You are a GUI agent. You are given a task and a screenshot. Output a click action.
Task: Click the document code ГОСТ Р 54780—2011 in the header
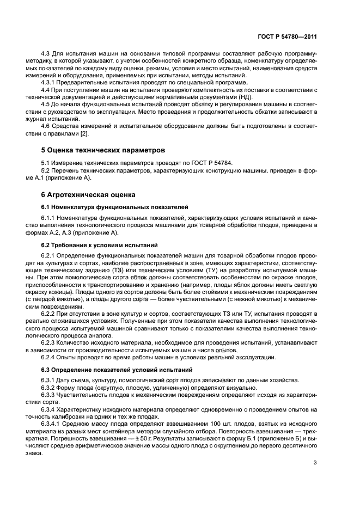288,37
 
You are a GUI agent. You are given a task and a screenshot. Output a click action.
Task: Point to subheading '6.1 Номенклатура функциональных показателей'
114,207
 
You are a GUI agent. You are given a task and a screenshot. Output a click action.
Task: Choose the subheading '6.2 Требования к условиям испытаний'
100,245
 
